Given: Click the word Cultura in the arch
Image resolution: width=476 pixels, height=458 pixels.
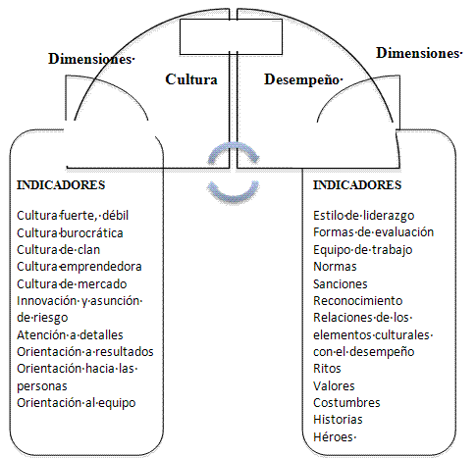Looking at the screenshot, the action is pyautogui.click(x=191, y=79).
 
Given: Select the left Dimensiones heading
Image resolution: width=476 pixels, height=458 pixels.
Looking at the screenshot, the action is pyautogui.click(x=91, y=59).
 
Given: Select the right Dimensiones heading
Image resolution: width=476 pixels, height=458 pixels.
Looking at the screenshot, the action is pyautogui.click(x=419, y=53).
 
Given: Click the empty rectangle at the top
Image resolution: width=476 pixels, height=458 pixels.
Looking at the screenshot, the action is pyautogui.click(x=231, y=36).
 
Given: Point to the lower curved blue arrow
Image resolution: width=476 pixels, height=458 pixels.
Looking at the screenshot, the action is pyautogui.click(x=234, y=193).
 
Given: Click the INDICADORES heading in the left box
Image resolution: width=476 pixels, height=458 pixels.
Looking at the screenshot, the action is pyautogui.click(x=61, y=185).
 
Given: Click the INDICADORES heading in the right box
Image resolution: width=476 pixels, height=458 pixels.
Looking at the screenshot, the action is pyautogui.click(x=357, y=185).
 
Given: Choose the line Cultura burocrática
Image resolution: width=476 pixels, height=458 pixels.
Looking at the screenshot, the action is pyautogui.click(x=70, y=233).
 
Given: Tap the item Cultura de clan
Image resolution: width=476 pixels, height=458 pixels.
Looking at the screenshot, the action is pyautogui.click(x=59, y=250).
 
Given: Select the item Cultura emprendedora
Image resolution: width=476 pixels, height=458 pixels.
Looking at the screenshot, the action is pyautogui.click(x=79, y=267).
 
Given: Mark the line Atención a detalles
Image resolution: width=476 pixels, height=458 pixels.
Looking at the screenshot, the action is pyautogui.click(x=70, y=335).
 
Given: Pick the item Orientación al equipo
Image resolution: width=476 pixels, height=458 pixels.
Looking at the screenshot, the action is pyautogui.click(x=77, y=403).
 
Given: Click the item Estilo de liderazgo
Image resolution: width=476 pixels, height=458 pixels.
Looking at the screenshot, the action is pyautogui.click(x=364, y=216).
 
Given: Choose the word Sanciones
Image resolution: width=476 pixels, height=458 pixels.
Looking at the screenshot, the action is pyautogui.click(x=341, y=284).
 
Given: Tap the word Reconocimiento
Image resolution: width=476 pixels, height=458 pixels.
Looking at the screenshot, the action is pyautogui.click(x=358, y=301).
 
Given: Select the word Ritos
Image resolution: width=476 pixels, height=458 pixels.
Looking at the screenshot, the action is pyautogui.click(x=327, y=369).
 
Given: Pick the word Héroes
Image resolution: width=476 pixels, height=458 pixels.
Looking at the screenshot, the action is pyautogui.click(x=334, y=437).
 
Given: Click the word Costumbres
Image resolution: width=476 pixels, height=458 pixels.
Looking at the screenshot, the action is pyautogui.click(x=346, y=403).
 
